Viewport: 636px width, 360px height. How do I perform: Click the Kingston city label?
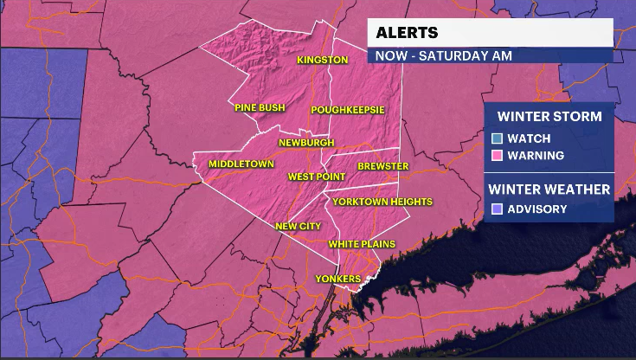tap(322, 61)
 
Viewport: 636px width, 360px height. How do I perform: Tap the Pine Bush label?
tap(260, 108)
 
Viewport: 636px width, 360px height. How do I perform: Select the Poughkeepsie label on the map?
tap(348, 110)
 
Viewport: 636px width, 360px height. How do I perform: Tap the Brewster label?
tap(382, 166)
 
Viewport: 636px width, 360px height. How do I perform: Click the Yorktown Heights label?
tap(382, 202)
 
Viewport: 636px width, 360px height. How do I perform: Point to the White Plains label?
tap(362, 244)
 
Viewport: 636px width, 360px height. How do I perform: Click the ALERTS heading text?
tap(407, 34)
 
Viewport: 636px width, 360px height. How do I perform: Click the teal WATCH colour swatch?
tap(497, 138)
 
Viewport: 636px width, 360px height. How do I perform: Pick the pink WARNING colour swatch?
tap(497, 156)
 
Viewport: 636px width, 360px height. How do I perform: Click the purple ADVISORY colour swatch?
tap(497, 209)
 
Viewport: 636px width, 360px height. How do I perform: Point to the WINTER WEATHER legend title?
tap(549, 189)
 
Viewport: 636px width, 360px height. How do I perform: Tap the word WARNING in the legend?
tap(536, 156)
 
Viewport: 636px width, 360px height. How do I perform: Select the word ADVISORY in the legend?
tap(537, 209)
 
